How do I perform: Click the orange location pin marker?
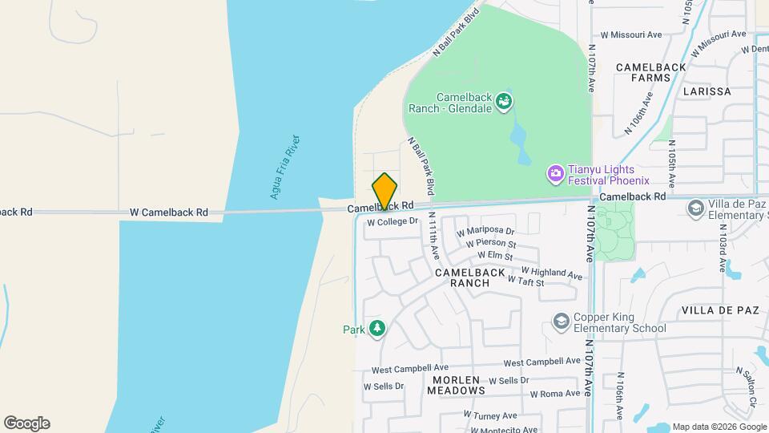pos(384,191)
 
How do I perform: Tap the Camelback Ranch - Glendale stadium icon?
pos(504,102)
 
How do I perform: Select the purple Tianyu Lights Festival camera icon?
pos(554,173)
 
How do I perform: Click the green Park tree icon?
pos(376,329)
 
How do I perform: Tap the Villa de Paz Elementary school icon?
pos(695,208)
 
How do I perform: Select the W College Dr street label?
pos(393,221)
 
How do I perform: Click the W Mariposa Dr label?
pos(485,232)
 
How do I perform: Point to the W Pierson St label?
pos(490,244)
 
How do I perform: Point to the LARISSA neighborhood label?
pos(707,91)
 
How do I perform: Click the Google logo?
pos(26,423)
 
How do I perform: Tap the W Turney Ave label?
pos(489,415)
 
